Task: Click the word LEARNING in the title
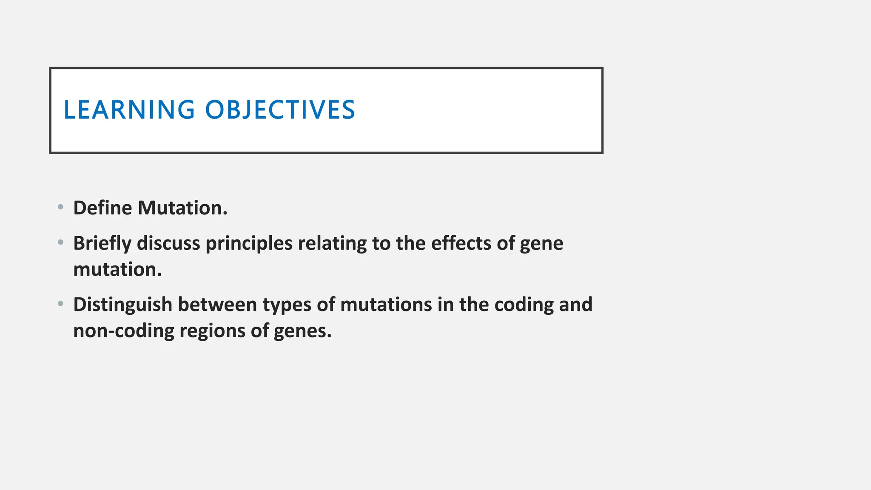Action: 129,109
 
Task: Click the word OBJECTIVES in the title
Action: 280,109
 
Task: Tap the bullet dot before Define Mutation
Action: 61,207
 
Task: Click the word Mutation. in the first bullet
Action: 182,208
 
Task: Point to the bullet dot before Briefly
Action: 61,242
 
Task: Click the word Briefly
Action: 102,244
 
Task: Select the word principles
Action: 249,244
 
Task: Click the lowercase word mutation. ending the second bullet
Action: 117,270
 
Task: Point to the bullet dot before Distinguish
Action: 61,304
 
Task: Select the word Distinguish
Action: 122,305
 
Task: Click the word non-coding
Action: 123,331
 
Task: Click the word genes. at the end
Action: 302,331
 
